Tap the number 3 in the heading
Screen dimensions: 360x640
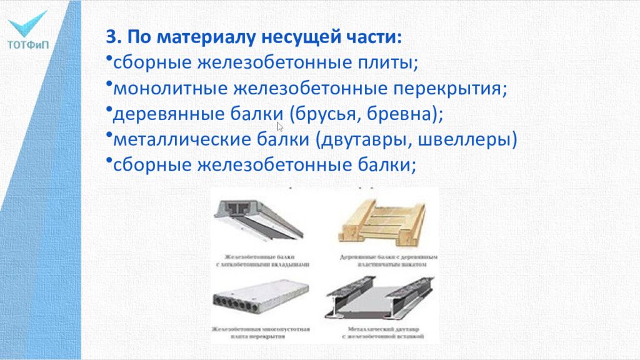point(111,36)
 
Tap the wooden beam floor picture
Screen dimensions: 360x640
point(382,220)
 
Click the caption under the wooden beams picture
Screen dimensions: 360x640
point(382,261)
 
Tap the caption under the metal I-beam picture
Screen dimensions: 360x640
point(382,333)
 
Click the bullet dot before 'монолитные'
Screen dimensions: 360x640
point(109,84)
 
